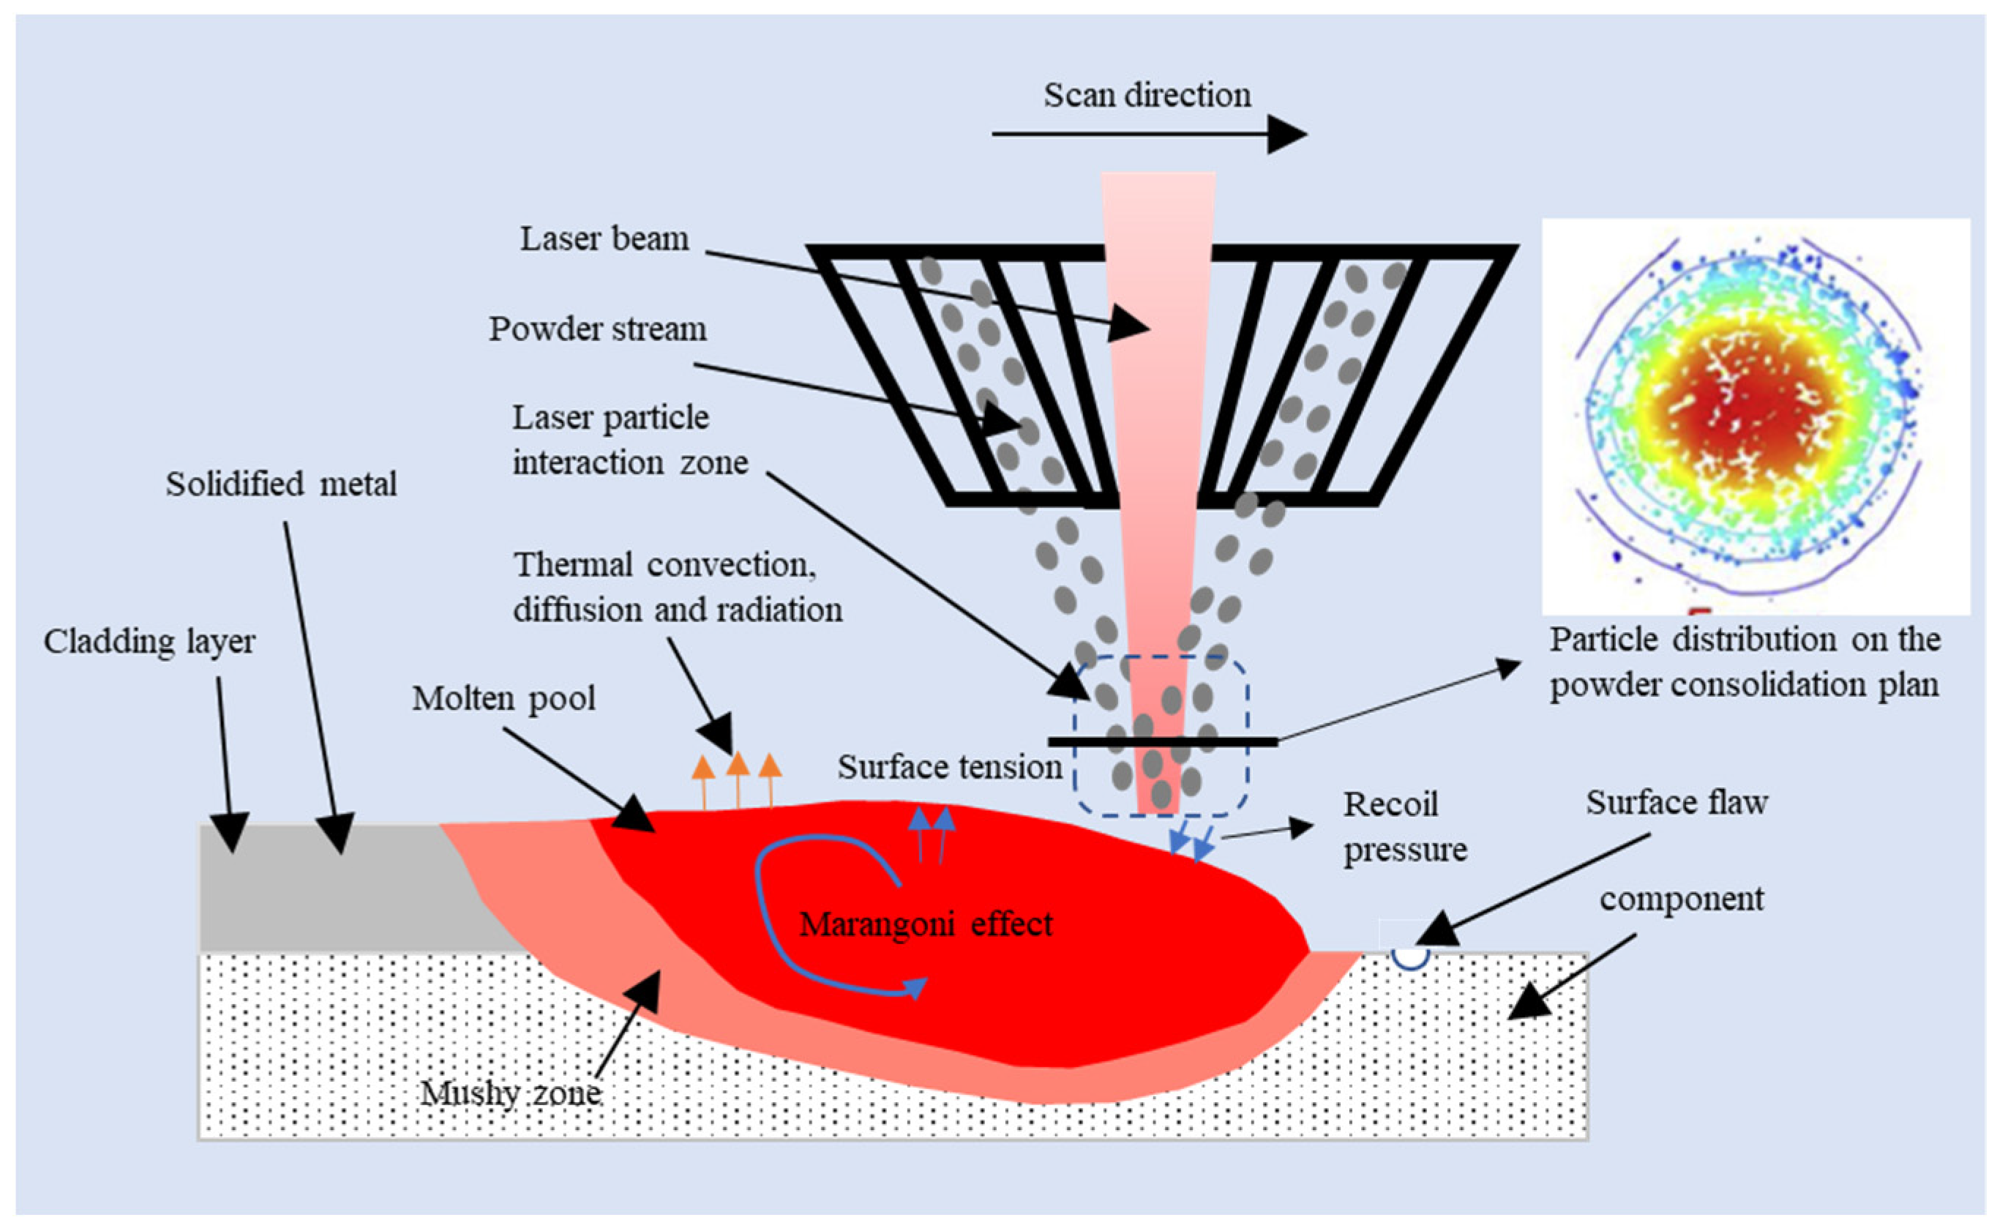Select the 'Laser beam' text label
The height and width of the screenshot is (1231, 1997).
(x=604, y=239)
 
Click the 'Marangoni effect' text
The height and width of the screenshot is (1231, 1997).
(x=925, y=924)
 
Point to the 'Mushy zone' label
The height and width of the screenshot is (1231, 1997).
(x=511, y=1093)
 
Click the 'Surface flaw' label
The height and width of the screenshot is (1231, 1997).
(x=1676, y=803)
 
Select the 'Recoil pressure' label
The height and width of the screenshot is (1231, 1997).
(x=1404, y=826)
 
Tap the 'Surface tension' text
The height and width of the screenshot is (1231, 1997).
(x=949, y=767)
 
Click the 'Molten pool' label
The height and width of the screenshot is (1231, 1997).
(x=503, y=698)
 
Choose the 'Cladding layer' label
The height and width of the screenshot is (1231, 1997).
(x=149, y=642)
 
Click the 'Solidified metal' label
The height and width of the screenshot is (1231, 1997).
(x=281, y=484)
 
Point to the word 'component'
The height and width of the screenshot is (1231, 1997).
(x=1681, y=899)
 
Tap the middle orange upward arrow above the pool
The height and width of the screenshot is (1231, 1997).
(x=737, y=766)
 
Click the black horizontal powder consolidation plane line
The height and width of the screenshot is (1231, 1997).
(x=1162, y=741)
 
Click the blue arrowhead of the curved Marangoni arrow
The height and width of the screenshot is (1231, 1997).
(x=917, y=987)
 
